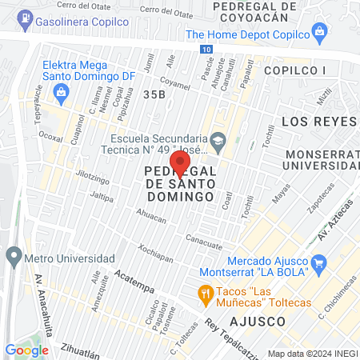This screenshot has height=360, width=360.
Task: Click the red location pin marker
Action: pyautogui.click(x=180, y=163)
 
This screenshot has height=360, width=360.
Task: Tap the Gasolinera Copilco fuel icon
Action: pyautogui.click(x=27, y=17)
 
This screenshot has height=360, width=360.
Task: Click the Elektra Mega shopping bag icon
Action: pyautogui.click(x=62, y=93)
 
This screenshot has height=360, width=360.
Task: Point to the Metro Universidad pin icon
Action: pyautogui.click(x=13, y=258)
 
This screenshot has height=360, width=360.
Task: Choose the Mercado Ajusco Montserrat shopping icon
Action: pyautogui.click(x=318, y=262)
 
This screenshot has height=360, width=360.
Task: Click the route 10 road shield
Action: pyautogui.click(x=207, y=50)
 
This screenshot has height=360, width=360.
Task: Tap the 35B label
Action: pyautogui.click(x=154, y=94)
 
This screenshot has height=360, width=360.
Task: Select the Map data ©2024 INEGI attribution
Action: pyautogui.click(x=312, y=354)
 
